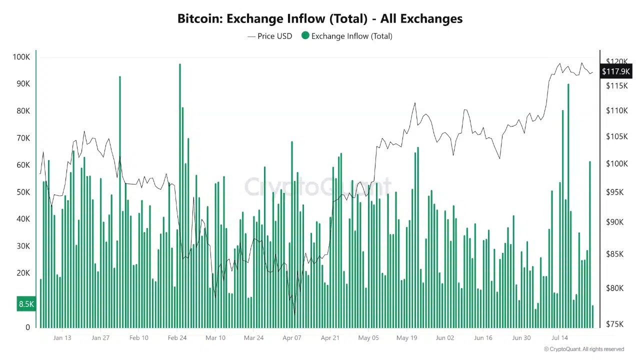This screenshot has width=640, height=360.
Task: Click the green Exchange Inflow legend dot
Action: (305, 35)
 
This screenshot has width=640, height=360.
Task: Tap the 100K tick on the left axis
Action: (21, 57)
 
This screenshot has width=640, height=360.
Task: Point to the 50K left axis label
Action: (23, 192)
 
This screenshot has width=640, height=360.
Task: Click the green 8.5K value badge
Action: (26, 304)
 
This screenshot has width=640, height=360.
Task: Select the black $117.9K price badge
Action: (615, 71)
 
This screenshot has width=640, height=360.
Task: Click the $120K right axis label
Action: (616, 62)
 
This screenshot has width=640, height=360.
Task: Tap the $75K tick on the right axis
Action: (614, 324)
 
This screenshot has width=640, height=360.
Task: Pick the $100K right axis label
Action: (614, 164)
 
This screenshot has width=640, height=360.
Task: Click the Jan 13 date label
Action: (62, 337)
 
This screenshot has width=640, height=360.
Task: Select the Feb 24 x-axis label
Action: (177, 337)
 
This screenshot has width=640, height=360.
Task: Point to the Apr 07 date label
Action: (292, 337)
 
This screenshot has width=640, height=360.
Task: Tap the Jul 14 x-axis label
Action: (559, 337)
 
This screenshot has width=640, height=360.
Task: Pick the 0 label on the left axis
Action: (27, 327)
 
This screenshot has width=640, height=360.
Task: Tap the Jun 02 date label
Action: (445, 337)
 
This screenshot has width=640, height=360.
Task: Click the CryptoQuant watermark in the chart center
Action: (318, 187)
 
